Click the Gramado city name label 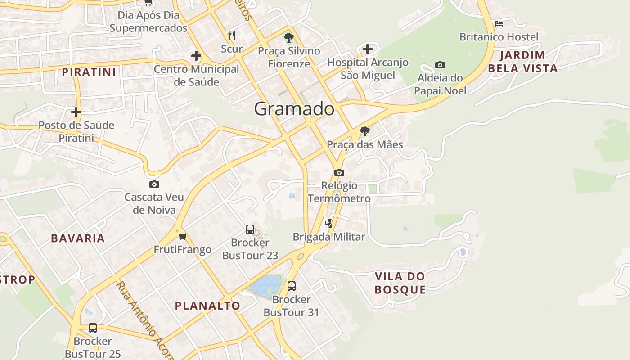coord(294,109)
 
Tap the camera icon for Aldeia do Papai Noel coord(440,65)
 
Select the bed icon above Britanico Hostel coord(499,23)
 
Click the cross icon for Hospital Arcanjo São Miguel coord(368,49)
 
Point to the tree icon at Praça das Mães coord(365,131)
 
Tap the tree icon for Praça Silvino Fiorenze coord(289,38)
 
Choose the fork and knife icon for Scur coord(232,36)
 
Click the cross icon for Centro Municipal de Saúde coord(196,56)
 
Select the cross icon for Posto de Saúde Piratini coord(76,112)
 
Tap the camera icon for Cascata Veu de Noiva coord(154,184)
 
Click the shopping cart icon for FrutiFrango coord(182,236)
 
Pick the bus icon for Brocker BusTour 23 coord(250,229)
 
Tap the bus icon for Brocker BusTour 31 coord(292,286)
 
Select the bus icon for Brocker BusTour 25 coord(93,328)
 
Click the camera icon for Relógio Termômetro coord(339,172)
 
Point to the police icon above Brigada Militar coord(329,223)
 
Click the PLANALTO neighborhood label coord(207,306)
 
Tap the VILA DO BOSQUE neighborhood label coord(400,283)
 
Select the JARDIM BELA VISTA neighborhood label coord(522,62)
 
